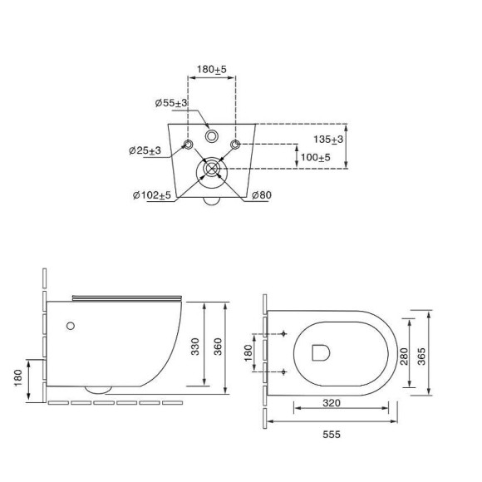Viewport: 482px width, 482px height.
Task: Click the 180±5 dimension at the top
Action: click(211, 70)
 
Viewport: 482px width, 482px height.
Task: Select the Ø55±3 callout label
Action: click(171, 103)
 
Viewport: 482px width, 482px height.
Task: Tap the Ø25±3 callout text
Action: click(145, 150)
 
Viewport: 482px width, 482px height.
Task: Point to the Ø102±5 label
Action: click(152, 195)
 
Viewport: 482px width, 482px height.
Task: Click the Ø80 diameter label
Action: click(262, 195)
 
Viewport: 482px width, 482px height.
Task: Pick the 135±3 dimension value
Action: click(328, 140)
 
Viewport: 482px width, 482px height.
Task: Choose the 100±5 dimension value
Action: click(316, 157)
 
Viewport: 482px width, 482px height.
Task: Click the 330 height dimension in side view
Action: click(195, 347)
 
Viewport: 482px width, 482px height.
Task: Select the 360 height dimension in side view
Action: click(218, 347)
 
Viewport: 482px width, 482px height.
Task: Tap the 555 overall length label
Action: click(332, 435)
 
